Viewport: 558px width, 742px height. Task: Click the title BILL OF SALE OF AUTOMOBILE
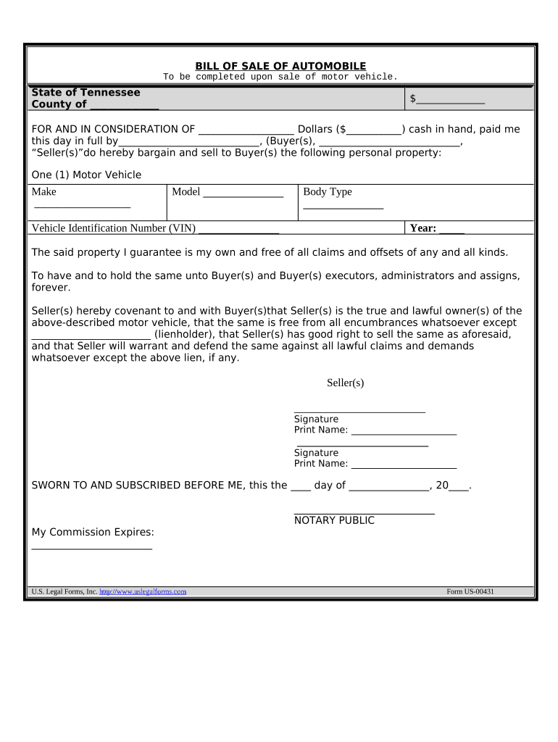click(280, 66)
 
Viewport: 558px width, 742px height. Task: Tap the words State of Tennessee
click(86, 93)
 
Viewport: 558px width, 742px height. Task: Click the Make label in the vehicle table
click(43, 192)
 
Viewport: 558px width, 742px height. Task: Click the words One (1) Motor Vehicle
click(86, 175)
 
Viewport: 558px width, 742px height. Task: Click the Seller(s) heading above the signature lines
click(345, 383)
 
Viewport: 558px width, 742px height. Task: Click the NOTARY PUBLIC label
click(334, 520)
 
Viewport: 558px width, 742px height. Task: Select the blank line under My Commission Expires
click(92, 549)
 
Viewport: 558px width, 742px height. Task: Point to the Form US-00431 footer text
click(470, 592)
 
